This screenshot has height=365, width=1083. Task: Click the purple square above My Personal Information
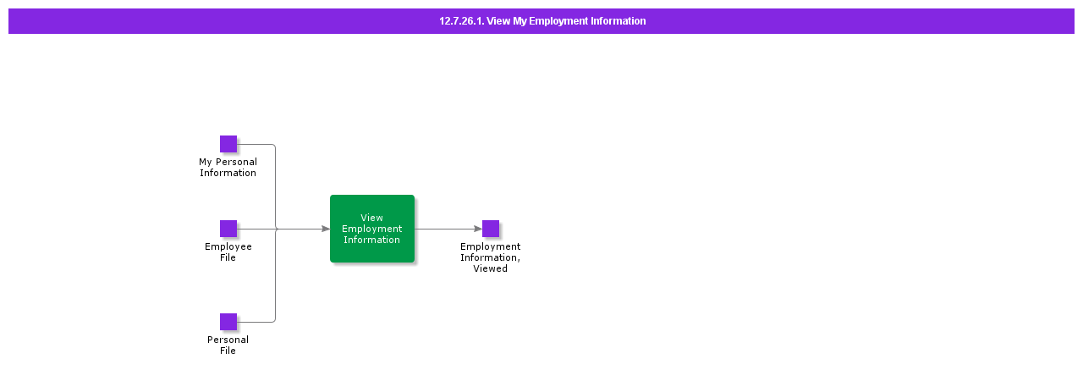[228, 144]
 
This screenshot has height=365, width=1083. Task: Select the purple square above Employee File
[228, 229]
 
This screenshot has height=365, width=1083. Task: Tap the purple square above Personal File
[228, 322]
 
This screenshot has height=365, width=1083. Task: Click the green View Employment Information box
[372, 229]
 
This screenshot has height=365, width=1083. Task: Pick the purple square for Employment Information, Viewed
[491, 229]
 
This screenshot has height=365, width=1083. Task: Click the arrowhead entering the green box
[325, 229]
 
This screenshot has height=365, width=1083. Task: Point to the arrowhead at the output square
[477, 229]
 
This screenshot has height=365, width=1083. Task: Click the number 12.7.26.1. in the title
[461, 21]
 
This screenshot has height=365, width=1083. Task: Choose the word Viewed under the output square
[491, 268]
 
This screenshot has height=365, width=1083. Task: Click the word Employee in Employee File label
[228, 246]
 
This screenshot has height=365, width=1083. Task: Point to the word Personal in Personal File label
[228, 340]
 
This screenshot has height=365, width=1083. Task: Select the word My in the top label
[206, 162]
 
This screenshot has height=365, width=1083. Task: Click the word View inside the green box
[372, 218]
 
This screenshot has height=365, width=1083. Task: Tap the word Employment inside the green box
[372, 229]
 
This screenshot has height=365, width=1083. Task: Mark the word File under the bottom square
[228, 351]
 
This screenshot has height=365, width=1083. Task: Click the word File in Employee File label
[228, 257]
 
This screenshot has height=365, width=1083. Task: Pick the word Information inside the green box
[372, 240]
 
